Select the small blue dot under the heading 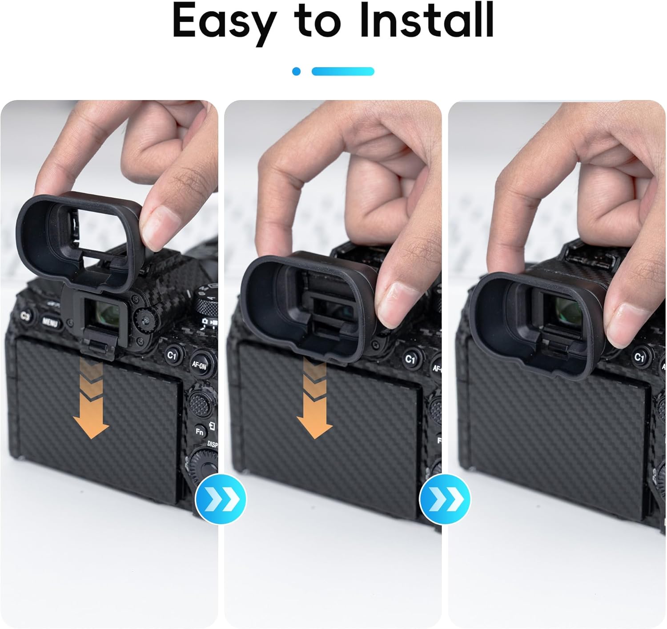tap(296, 72)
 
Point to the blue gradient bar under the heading tap(343, 72)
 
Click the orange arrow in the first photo tap(91, 397)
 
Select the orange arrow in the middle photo tap(315, 397)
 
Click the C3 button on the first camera tap(25, 316)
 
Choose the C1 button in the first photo tap(172, 355)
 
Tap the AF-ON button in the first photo tap(199, 365)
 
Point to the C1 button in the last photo tap(639, 357)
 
